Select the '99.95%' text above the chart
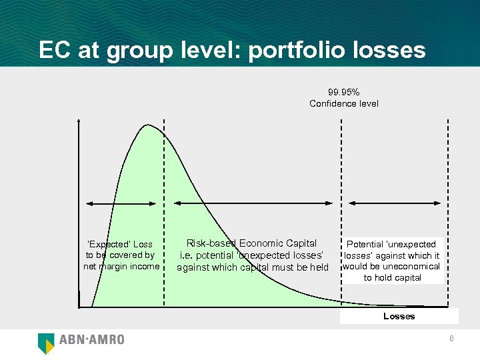(x=343, y=92)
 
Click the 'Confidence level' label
(x=343, y=103)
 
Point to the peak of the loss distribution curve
(x=148, y=125)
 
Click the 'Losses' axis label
(x=399, y=316)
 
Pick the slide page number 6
(x=451, y=339)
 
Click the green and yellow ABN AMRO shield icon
(x=46, y=342)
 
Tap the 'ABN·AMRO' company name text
(x=92, y=340)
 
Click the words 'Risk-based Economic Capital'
(x=251, y=243)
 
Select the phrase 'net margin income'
(x=121, y=267)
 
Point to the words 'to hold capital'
(x=392, y=277)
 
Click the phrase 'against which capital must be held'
(x=253, y=267)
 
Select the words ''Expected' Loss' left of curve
(x=120, y=244)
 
